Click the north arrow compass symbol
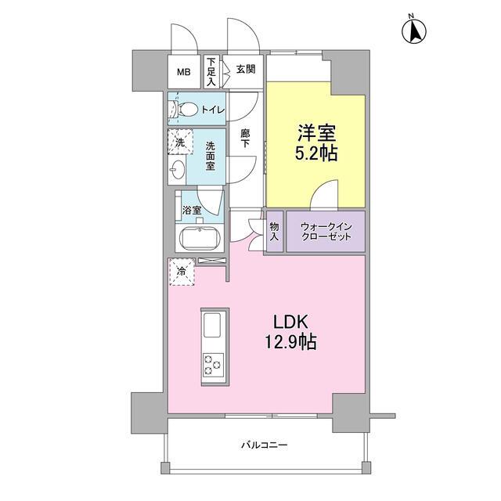tap(414, 31)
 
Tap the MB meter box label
tap(184, 72)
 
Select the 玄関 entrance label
tap(246, 69)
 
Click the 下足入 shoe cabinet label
tap(211, 71)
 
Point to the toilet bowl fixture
tap(183, 109)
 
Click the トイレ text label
tap(213, 110)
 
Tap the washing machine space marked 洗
tap(181, 142)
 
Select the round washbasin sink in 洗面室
tap(178, 169)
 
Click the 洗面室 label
tap(211, 157)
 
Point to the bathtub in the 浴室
tap(200, 238)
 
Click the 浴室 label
tap(192, 211)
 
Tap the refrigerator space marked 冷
tap(182, 272)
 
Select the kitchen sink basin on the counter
tap(212, 325)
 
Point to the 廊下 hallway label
tap(245, 138)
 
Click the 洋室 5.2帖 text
tap(316, 143)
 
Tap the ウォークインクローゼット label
tap(326, 232)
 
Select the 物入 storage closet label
tap(275, 232)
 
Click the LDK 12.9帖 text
tap(290, 332)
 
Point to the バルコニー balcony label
tap(265, 445)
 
